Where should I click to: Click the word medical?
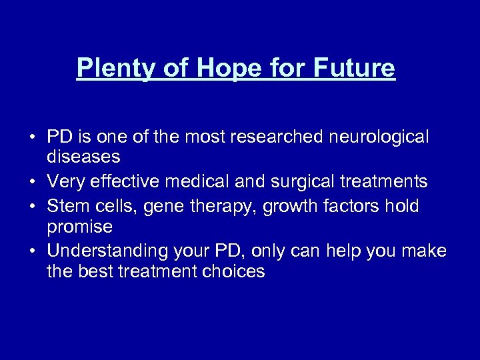point(202,181)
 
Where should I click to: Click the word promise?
point(79,227)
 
